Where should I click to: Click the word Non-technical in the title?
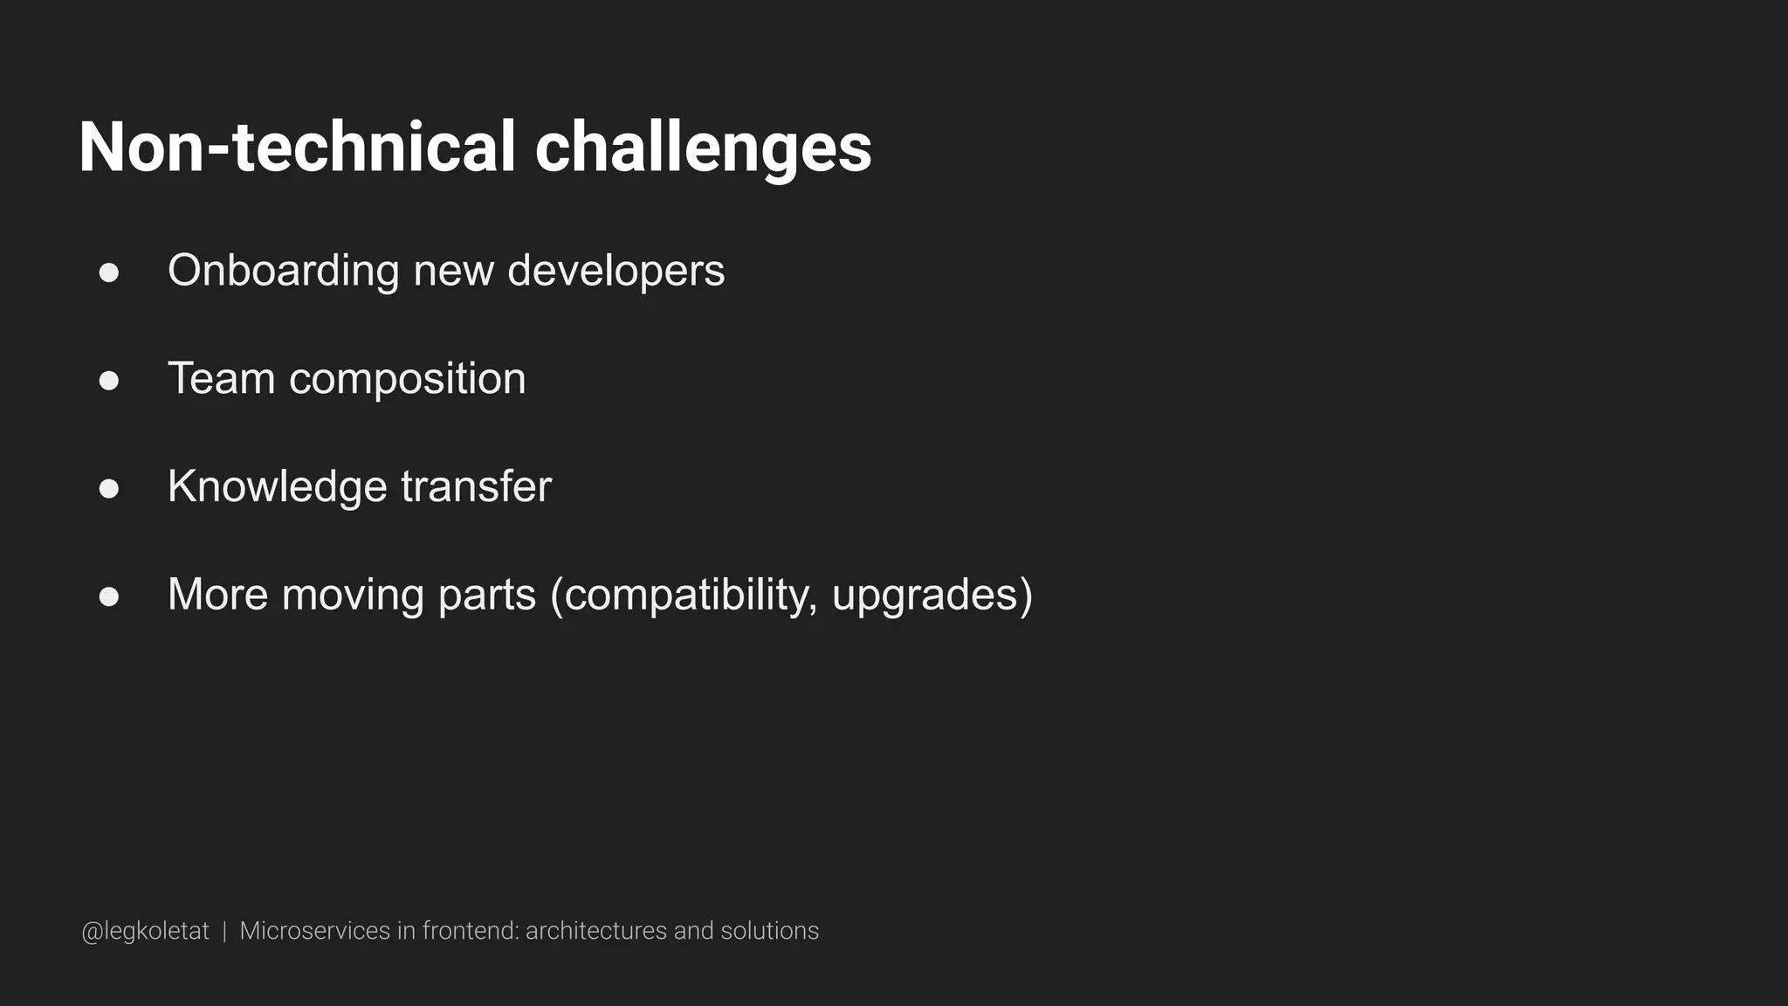(297, 148)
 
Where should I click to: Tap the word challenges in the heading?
(703, 149)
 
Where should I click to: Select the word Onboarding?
(283, 272)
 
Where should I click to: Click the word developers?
(615, 272)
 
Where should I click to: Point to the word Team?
(221, 379)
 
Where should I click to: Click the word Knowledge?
(277, 487)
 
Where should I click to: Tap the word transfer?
(476, 486)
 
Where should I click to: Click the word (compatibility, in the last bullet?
(684, 596)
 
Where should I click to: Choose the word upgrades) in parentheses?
(932, 596)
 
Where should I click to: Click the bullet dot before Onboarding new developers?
(109, 273)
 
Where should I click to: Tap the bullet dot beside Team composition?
(109, 381)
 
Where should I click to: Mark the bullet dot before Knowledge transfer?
(109, 489)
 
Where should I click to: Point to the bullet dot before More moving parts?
(109, 596)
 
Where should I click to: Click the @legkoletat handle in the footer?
(145, 932)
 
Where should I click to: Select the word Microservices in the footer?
(314, 931)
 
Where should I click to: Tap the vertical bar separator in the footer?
(224, 932)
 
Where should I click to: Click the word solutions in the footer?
(769, 931)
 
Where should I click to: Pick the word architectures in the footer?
(596, 931)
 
